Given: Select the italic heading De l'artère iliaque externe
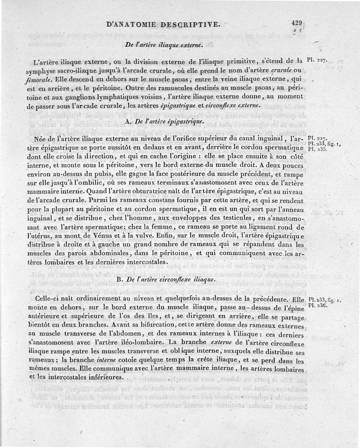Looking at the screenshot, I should (x=164, y=45).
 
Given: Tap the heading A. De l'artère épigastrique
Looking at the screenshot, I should (x=163, y=121).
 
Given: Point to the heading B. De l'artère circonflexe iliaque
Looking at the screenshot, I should (x=163, y=280).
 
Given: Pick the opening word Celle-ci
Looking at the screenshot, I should (x=46, y=298).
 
